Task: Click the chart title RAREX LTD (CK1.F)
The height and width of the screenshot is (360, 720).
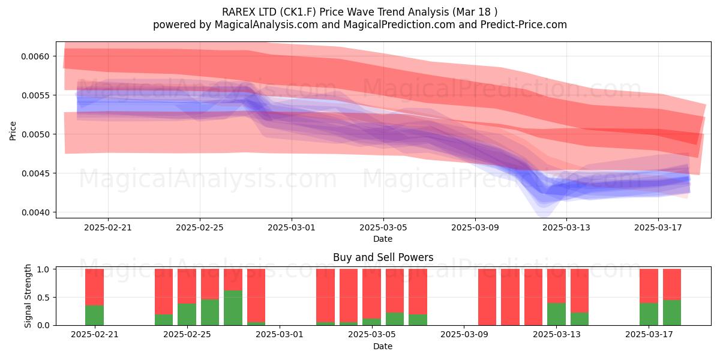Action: [x=269, y=12]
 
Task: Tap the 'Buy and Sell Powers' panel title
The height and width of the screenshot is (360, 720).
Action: [x=383, y=257]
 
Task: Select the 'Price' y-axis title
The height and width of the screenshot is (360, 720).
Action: [x=13, y=131]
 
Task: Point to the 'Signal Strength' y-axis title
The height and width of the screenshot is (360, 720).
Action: [x=28, y=296]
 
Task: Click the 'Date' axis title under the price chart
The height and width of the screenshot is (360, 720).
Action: [x=383, y=239]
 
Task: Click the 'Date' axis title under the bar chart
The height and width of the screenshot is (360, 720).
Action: [x=383, y=346]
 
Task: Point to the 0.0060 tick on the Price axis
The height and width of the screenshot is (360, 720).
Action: [x=35, y=56]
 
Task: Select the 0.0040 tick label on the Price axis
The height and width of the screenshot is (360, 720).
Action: [x=35, y=212]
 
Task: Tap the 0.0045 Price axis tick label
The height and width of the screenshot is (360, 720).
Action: [x=35, y=173]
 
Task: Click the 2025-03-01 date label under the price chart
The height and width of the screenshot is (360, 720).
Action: [x=292, y=227]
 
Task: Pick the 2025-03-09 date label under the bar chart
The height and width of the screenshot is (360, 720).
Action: [x=464, y=335]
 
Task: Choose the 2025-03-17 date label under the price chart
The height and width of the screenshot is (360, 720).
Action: [x=658, y=227]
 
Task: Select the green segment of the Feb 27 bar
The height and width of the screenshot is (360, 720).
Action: [x=233, y=308]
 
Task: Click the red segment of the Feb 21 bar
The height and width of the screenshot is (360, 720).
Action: [x=95, y=287]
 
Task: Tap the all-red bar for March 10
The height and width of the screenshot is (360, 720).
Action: [x=510, y=297]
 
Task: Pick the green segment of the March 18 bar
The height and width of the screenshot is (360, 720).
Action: [x=672, y=313]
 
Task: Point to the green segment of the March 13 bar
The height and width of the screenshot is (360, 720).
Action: [x=556, y=314]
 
